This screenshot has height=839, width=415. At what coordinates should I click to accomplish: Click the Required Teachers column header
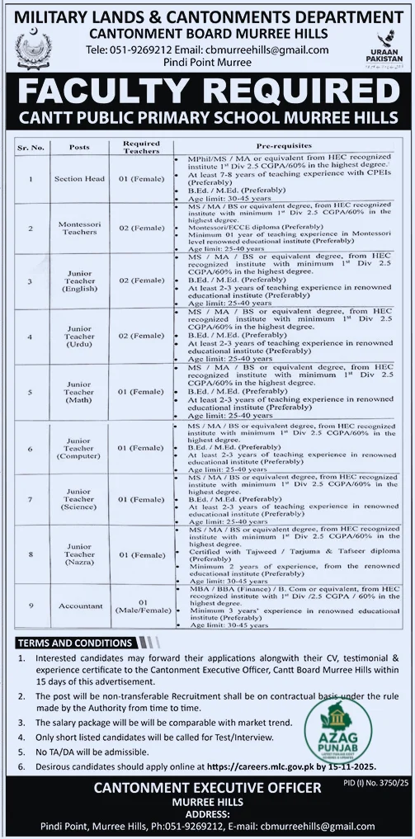pyautogui.click(x=141, y=148)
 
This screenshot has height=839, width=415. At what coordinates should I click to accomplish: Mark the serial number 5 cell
pyautogui.click(x=30, y=392)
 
